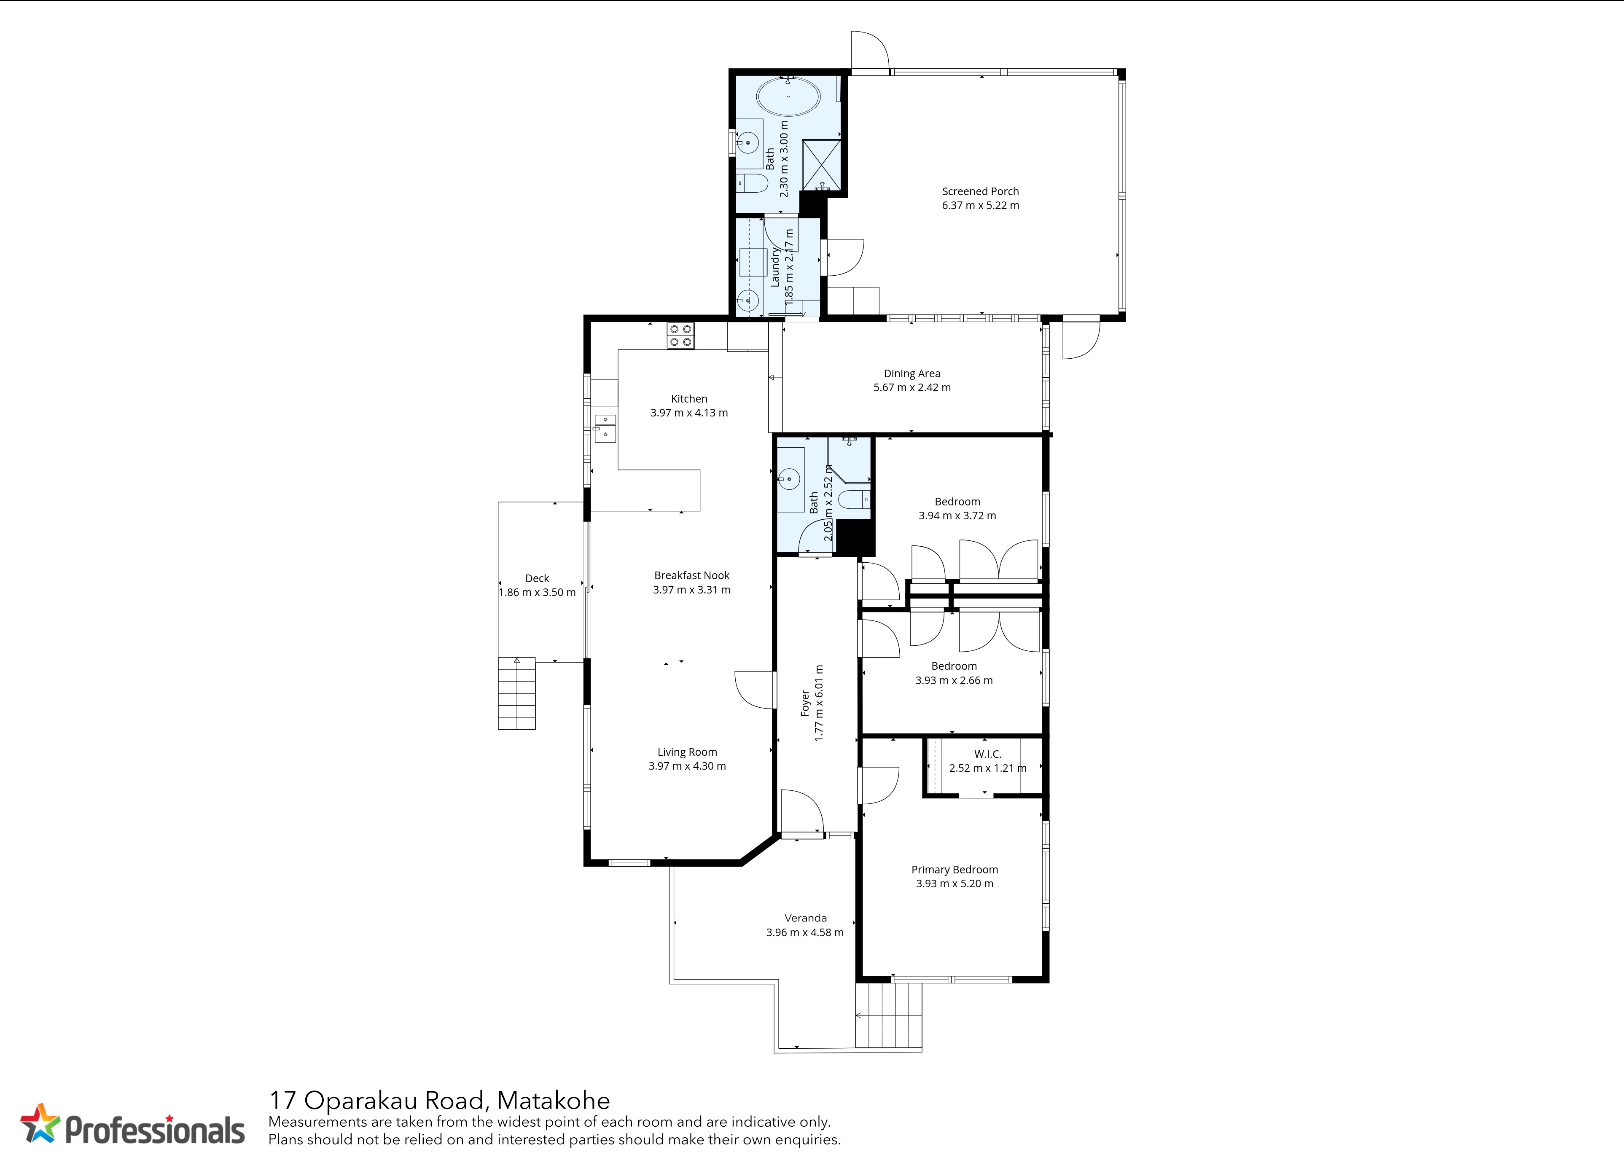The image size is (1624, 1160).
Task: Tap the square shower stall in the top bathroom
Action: click(x=822, y=165)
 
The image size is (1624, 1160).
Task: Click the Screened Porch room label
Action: click(x=980, y=191)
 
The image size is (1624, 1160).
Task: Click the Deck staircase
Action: click(x=516, y=693)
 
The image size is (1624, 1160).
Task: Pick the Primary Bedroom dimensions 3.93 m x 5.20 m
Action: click(x=955, y=883)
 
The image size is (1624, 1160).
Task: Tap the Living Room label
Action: click(x=687, y=752)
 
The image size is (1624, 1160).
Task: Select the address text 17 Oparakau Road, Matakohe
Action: click(x=439, y=1101)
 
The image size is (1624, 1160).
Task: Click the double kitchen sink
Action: click(x=605, y=426)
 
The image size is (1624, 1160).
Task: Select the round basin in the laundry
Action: click(x=747, y=301)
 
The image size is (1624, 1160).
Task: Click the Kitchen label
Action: click(x=689, y=399)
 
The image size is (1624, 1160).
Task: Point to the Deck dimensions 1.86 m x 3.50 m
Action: click(x=537, y=592)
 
